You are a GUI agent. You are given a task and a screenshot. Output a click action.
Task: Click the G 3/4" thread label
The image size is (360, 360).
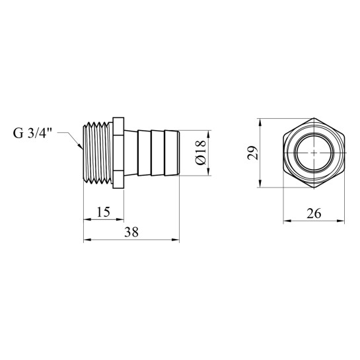(x=32, y=133)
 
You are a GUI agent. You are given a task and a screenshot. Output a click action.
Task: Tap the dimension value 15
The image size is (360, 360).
(x=103, y=212)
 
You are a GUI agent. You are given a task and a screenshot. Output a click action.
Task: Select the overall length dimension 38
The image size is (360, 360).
(x=131, y=232)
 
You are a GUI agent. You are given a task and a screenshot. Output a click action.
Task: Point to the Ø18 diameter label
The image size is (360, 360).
(x=201, y=153)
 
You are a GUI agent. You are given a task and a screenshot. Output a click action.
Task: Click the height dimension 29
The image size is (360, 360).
(x=252, y=153)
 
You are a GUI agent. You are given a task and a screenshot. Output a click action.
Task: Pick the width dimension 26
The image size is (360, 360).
(x=314, y=213)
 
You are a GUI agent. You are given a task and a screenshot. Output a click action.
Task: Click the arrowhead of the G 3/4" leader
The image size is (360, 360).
(x=81, y=147)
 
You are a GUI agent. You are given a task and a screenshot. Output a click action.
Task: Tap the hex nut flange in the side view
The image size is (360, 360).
(x=118, y=153)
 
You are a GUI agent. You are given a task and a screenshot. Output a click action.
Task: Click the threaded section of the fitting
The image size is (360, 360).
(x=98, y=153)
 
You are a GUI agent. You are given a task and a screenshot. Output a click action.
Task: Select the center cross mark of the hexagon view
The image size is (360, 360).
(x=314, y=153)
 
